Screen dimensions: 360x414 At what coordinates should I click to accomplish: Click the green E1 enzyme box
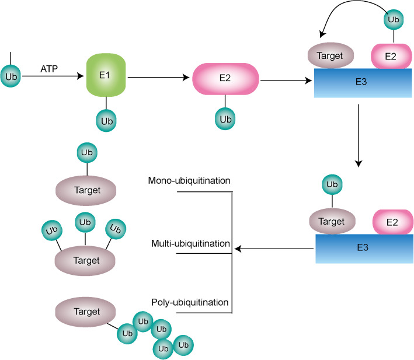pos(106,75)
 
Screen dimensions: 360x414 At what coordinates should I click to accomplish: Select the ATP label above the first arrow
pos(49,68)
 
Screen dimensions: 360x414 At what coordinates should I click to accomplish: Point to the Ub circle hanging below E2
pos(225,120)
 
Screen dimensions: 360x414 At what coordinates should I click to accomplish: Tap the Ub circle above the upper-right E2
pos(392,19)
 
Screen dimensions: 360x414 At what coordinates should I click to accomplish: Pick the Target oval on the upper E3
pos(331,57)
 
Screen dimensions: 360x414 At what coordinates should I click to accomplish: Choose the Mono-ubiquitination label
pos(189,180)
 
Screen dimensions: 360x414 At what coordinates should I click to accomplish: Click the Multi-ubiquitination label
pos(189,243)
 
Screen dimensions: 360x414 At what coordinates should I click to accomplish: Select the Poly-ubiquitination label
pos(189,302)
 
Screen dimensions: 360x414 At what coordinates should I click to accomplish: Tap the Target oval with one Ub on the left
pos(86,190)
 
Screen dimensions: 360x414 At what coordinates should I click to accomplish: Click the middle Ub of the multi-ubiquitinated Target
pos(86,222)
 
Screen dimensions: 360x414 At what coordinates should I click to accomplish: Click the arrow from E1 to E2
pos(159,76)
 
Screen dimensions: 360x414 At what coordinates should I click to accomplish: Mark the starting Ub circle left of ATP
pos(11,76)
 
